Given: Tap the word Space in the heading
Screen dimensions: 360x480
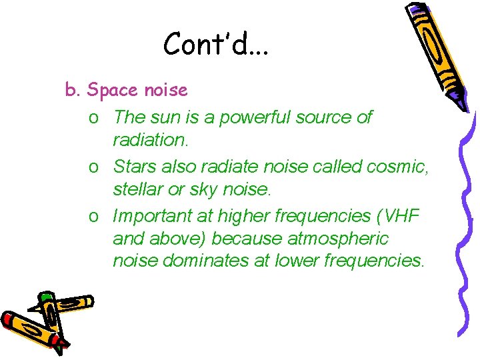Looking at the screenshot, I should [x=111, y=89].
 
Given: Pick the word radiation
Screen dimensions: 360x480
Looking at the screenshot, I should [x=151, y=140].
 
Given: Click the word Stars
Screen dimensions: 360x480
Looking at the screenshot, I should [x=135, y=167].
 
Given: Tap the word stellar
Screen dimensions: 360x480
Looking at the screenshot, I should [x=137, y=190].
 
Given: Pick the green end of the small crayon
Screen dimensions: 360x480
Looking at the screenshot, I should [x=45, y=297].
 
